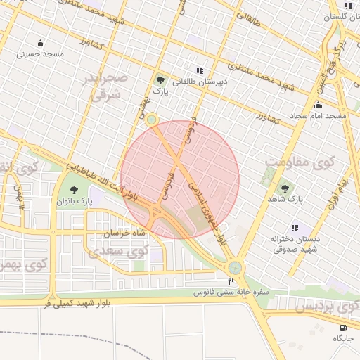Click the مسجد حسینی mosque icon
point(40,43)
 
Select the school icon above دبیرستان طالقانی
point(200,70)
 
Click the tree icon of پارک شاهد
point(285,188)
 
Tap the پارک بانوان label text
point(76,202)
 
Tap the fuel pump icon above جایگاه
point(343,327)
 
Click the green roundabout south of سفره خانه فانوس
point(234,267)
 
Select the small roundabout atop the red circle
point(152,119)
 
